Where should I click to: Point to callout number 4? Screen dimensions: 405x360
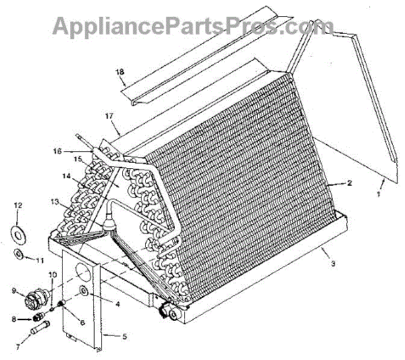coord(117,304)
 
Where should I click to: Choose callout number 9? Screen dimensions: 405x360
coord(13,292)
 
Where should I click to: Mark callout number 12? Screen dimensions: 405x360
coord(18,205)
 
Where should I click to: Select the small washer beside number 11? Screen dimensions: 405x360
coord(21,255)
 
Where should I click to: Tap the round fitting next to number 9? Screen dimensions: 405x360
coord(34,295)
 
